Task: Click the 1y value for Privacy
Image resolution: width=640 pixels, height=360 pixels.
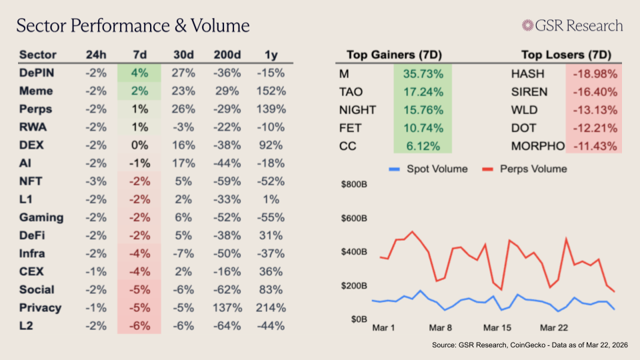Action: (x=270, y=308)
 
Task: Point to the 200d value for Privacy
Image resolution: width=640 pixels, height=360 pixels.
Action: (x=228, y=308)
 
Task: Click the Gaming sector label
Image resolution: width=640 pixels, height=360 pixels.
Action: (x=41, y=217)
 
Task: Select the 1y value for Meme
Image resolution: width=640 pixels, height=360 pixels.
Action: (x=270, y=91)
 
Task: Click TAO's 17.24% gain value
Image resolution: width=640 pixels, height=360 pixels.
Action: (x=422, y=92)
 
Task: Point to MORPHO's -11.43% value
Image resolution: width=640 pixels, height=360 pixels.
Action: (x=593, y=146)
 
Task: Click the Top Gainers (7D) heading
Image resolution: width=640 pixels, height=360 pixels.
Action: (x=394, y=55)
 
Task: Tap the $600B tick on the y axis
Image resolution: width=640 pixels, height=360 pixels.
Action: (x=353, y=218)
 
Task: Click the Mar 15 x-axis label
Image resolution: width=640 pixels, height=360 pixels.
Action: (x=497, y=329)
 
